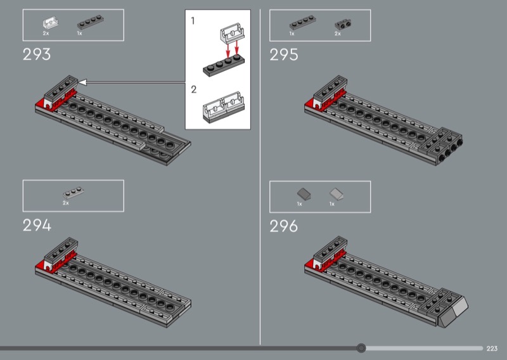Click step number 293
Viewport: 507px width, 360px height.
tap(37, 55)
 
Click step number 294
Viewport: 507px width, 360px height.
tap(37, 225)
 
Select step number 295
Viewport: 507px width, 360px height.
tap(283, 55)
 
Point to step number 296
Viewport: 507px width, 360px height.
tap(284, 226)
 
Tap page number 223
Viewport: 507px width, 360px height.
tap(493, 348)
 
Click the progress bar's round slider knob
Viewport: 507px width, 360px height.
tap(361, 348)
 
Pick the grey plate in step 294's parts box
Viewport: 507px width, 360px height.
tap(71, 192)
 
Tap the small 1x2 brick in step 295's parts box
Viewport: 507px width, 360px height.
tap(343, 23)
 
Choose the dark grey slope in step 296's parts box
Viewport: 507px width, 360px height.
tap(302, 193)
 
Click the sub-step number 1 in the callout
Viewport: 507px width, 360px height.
tap(193, 21)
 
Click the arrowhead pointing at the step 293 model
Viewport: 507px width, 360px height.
tap(81, 82)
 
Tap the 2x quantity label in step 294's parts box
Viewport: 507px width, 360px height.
tap(65, 203)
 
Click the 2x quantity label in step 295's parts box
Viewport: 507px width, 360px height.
tap(337, 34)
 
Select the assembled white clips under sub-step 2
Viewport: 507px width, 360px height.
tap(222, 108)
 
